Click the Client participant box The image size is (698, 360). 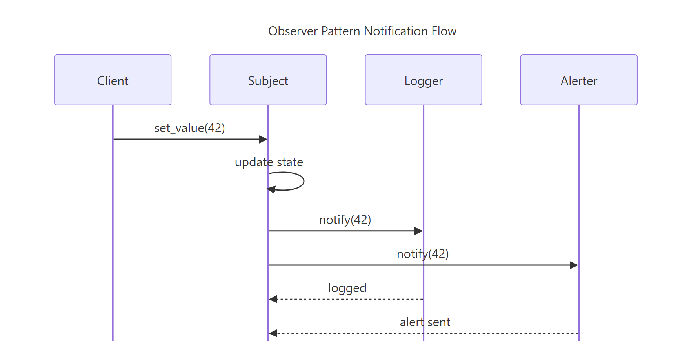point(113,80)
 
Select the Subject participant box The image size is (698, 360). point(268,80)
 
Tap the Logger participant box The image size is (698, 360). point(423,80)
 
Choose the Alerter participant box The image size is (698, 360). point(578,80)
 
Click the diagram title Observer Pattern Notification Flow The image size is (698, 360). point(362,31)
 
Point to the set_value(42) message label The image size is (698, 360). point(189,128)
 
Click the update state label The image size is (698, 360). point(269,162)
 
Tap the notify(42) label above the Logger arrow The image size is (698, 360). point(345,220)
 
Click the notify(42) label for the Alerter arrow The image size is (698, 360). point(422,254)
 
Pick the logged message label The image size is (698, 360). point(347,288)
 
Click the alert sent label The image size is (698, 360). point(425,322)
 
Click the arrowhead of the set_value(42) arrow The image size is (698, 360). point(263,139)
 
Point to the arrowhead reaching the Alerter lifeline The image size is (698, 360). point(574,265)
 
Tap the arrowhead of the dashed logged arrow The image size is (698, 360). point(273,299)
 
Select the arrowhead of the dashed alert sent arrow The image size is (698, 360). point(273,333)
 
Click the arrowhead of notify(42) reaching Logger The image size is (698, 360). point(418,231)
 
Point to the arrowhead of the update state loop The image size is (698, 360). point(271,189)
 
